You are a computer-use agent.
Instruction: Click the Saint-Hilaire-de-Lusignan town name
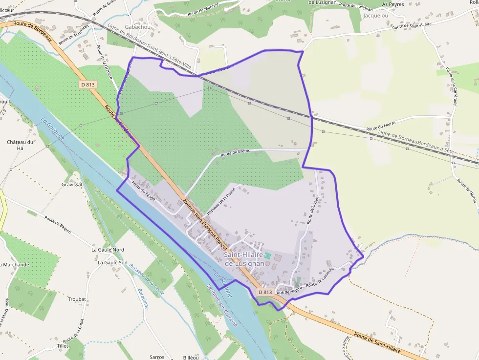coord(244,259)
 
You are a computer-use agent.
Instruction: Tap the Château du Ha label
coord(20,145)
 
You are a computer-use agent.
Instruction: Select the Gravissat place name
coord(72,185)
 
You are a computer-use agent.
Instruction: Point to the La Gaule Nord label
coord(108,250)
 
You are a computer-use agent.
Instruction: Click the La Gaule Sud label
coord(112,262)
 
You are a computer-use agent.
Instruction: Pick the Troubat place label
coord(77,299)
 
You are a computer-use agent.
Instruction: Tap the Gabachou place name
coord(138,27)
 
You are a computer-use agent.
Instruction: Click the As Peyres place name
coord(393,4)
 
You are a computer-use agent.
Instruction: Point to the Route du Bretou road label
coord(236,153)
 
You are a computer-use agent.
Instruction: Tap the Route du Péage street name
coord(143,191)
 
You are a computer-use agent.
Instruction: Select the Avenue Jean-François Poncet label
coord(204,222)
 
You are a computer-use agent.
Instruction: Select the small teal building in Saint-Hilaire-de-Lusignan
coord(268,255)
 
